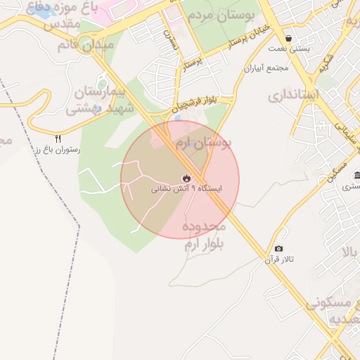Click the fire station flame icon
186,178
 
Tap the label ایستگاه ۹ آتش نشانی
186,189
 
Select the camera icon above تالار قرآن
279,249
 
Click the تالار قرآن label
279,259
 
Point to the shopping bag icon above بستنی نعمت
288,39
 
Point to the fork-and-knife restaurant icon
58,139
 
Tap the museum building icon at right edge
356,175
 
